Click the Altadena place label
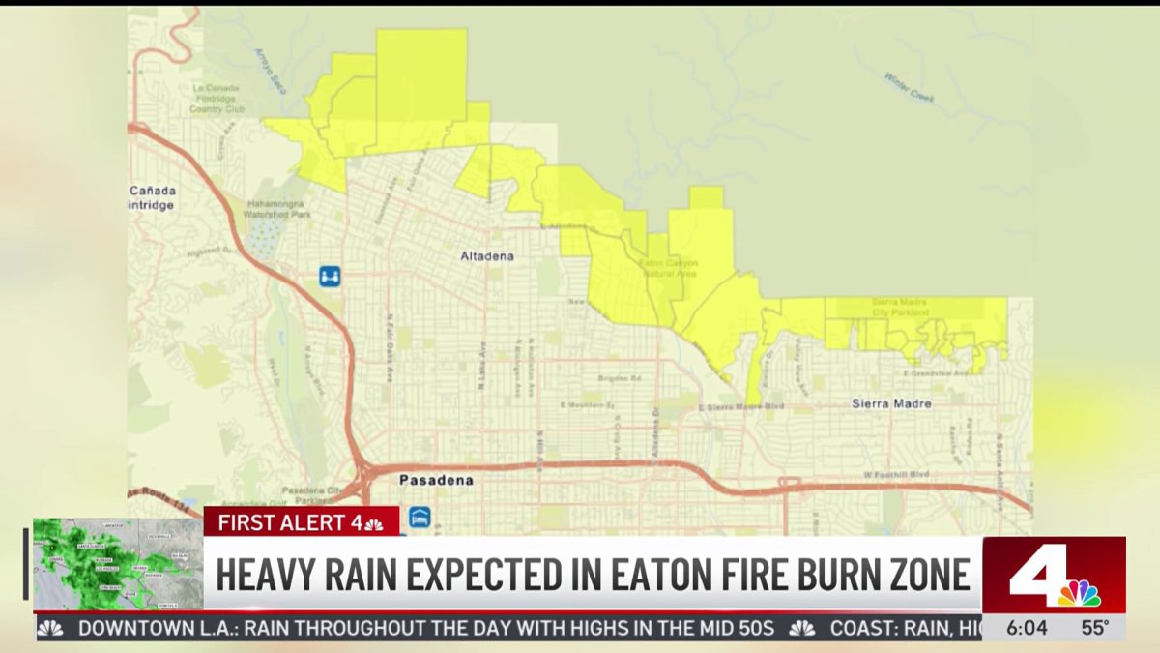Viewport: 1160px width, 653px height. pos(486,256)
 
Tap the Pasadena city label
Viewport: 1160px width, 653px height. pos(437,480)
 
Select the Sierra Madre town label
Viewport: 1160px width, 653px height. pos(891,403)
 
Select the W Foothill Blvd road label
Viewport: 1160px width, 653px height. pos(895,475)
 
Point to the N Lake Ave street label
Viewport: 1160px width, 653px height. pos(480,363)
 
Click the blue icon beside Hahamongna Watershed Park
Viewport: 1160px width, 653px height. pos(330,277)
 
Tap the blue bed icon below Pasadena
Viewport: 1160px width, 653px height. pos(419,518)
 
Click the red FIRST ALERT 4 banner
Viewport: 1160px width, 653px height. pos(301,522)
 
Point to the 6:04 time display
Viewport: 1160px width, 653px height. pos(1026,628)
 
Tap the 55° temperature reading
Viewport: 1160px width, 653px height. pos(1094,628)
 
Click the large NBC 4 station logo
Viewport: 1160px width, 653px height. pos(1054,575)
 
